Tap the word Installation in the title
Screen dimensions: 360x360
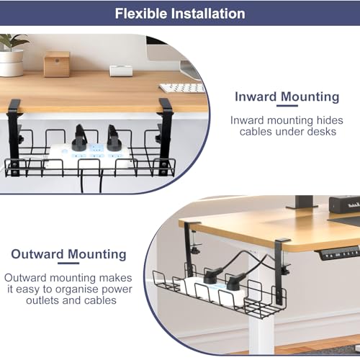pos(209,14)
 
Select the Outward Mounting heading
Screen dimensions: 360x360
pos(68,254)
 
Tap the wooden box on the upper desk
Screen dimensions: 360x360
pos(57,64)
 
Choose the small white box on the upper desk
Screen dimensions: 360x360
pos(121,71)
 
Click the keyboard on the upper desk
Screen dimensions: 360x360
pos(181,88)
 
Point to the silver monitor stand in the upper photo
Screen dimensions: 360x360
pos(188,70)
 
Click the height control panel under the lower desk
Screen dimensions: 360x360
pos(338,253)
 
